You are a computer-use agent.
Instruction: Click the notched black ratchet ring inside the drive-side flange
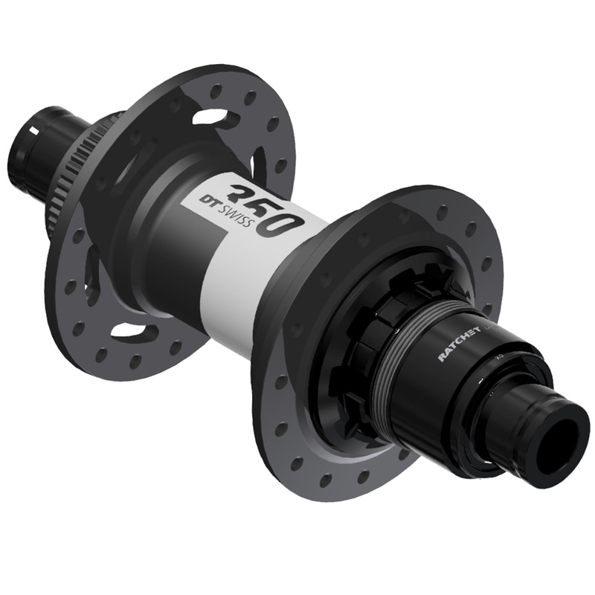[x=350, y=350]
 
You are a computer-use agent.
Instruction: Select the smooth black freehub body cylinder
[x=446, y=372]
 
